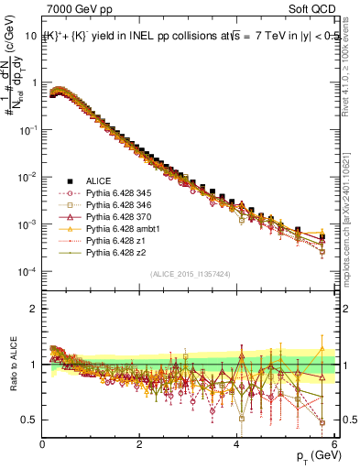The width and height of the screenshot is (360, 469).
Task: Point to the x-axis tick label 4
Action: point(236,445)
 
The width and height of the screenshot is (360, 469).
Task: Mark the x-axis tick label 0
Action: point(43,445)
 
